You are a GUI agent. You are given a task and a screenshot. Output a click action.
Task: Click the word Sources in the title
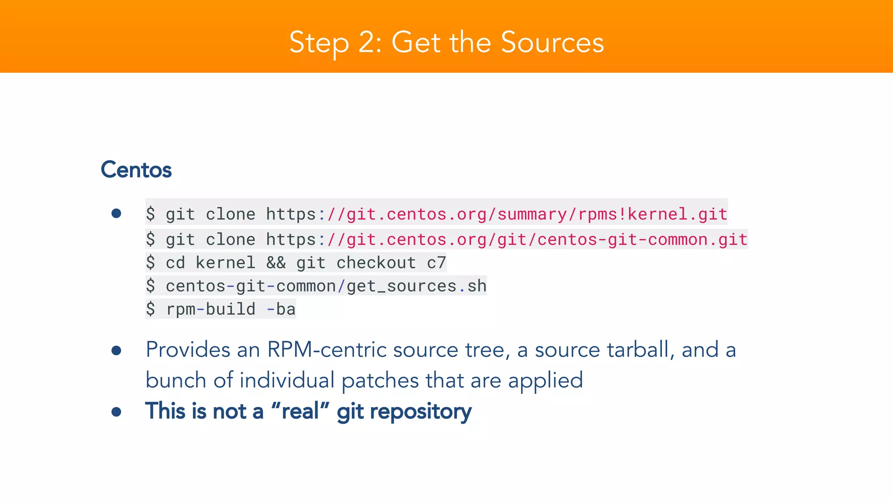click(552, 43)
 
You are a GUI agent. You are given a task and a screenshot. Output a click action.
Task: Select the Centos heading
click(136, 170)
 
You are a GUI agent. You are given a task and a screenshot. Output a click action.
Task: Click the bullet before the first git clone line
click(116, 213)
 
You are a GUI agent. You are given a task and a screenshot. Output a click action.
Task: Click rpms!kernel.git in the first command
click(652, 214)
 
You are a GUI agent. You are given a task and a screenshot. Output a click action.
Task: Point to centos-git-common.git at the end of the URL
click(642, 239)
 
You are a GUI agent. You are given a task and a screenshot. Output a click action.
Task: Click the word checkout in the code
click(376, 263)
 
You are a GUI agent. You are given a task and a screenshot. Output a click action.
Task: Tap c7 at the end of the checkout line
click(436, 263)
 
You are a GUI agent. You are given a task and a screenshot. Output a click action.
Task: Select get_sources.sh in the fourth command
click(416, 286)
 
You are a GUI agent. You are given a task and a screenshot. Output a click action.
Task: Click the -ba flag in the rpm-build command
click(281, 309)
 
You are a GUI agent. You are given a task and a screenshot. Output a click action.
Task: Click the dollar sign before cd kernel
click(150, 263)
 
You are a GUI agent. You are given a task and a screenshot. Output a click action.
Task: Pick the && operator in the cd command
click(276, 263)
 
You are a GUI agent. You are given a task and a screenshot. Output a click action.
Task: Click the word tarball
click(638, 349)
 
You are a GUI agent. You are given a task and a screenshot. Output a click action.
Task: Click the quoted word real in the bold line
click(300, 411)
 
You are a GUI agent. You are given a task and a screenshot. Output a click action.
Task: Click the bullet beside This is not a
click(116, 411)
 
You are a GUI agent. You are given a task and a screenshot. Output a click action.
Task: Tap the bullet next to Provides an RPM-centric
click(116, 350)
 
